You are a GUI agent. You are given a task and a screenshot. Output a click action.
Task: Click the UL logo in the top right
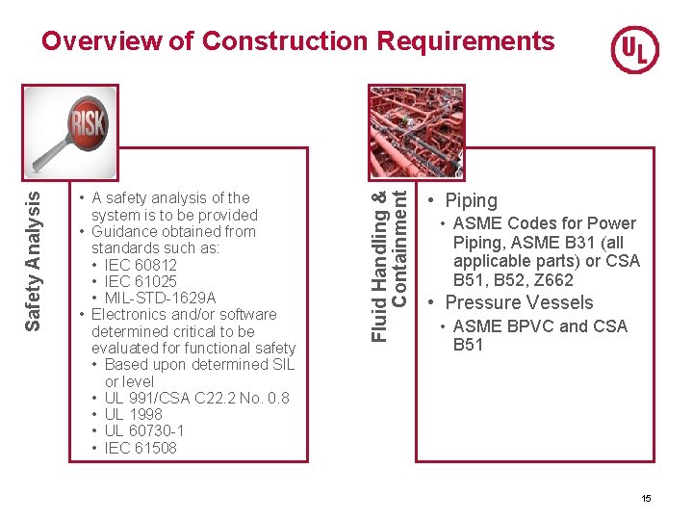(x=634, y=49)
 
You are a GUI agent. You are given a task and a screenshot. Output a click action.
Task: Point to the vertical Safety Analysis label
(x=33, y=259)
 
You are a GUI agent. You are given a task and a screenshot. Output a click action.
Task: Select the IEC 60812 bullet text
(x=141, y=265)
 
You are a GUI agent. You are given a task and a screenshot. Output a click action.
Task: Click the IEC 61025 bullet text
(x=141, y=281)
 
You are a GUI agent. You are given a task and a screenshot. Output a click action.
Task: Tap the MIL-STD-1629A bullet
(x=160, y=298)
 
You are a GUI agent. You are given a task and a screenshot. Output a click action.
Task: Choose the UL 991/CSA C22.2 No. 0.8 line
(x=196, y=398)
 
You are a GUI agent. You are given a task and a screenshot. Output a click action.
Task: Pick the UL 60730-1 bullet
(x=143, y=430)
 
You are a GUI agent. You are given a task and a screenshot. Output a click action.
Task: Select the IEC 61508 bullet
(x=141, y=448)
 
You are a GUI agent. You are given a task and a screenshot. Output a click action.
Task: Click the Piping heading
(x=471, y=200)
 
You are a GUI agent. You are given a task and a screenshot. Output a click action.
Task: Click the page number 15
(x=646, y=498)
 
